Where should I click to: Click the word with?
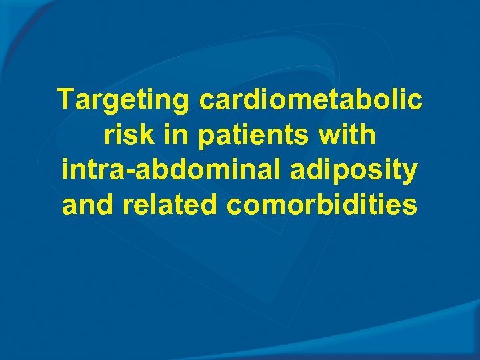pos(347,135)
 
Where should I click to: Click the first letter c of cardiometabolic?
pos(206,101)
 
